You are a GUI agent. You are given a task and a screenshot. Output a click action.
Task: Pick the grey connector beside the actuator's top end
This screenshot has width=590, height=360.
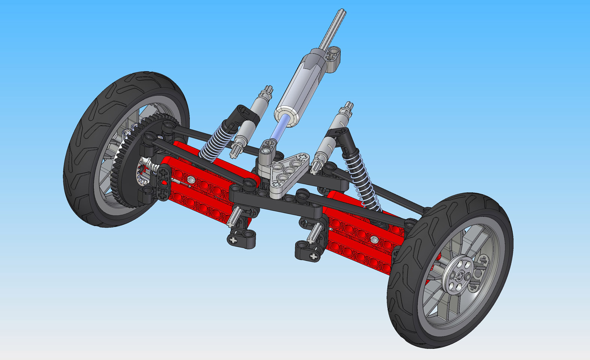click(x=333, y=56)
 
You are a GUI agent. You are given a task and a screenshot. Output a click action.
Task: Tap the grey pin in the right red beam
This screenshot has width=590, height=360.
click(x=373, y=239)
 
